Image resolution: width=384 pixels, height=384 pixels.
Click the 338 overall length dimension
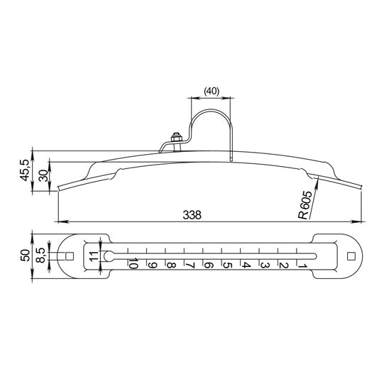coord(192,215)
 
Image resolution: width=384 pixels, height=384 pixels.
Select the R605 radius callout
coord(305,205)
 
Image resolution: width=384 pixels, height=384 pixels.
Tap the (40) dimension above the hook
coord(212,91)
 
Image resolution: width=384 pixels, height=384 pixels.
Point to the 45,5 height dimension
coord(25,170)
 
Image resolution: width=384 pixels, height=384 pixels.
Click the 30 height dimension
coord(44,175)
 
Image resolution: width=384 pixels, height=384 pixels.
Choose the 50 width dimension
coord(26,256)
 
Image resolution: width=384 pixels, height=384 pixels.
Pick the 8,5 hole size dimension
coord(41,256)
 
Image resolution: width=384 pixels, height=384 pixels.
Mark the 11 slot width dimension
coord(94,256)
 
